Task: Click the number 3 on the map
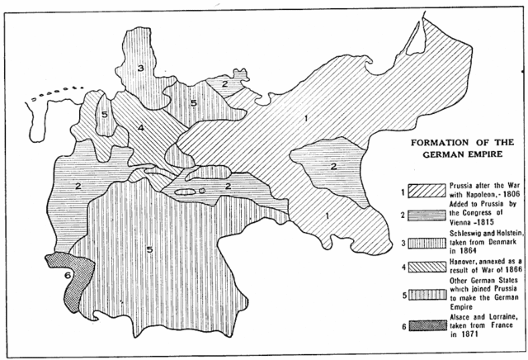click(x=141, y=69)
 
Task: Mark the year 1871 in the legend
click(x=454, y=334)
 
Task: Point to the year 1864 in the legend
click(x=454, y=255)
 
